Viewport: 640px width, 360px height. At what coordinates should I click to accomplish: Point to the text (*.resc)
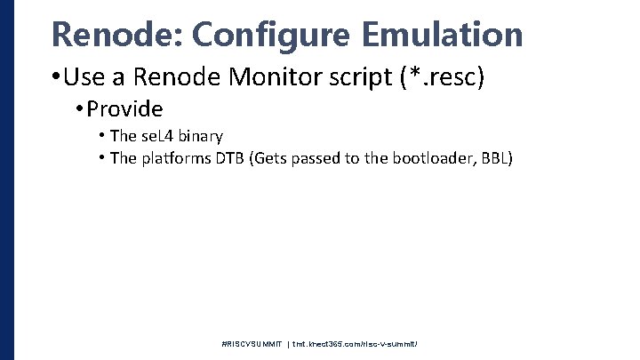point(444,78)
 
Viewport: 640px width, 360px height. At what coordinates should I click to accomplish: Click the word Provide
point(125,109)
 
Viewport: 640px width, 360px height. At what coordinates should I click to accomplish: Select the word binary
point(199,136)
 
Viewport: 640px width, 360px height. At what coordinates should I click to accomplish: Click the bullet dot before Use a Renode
point(55,79)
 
